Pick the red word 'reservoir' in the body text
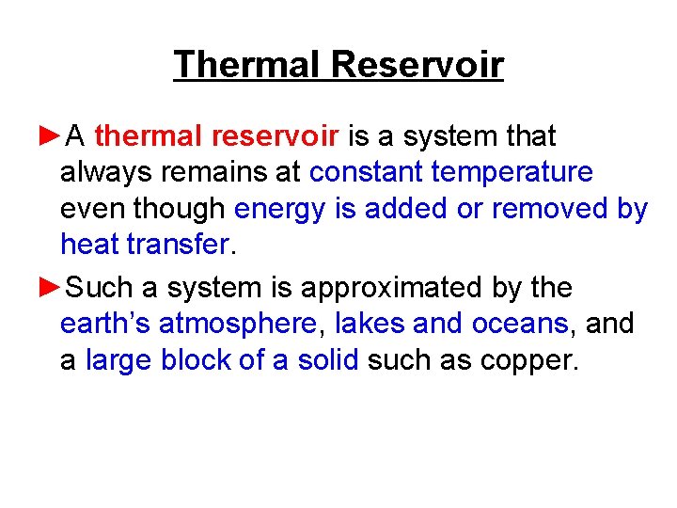coord(275,136)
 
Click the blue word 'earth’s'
coord(105,324)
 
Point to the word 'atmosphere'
coord(239,324)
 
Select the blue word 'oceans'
coord(520,324)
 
